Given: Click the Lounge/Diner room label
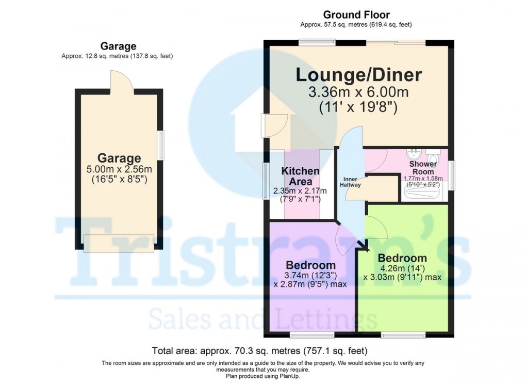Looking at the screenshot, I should [358, 75].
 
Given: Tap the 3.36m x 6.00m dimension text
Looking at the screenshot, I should [358, 93].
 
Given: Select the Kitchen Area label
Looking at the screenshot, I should [300, 176].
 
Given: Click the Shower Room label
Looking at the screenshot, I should [423, 168].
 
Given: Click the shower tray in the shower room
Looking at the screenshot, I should [422, 193].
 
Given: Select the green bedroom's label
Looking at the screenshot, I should [402, 258].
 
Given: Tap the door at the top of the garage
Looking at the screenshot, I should [119, 81].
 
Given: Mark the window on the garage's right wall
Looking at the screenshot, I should [161, 146].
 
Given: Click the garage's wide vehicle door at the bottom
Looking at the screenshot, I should [119, 243].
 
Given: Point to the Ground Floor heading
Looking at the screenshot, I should [356, 15].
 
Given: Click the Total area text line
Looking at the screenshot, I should [260, 351].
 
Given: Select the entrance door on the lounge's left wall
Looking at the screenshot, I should [272, 124].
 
